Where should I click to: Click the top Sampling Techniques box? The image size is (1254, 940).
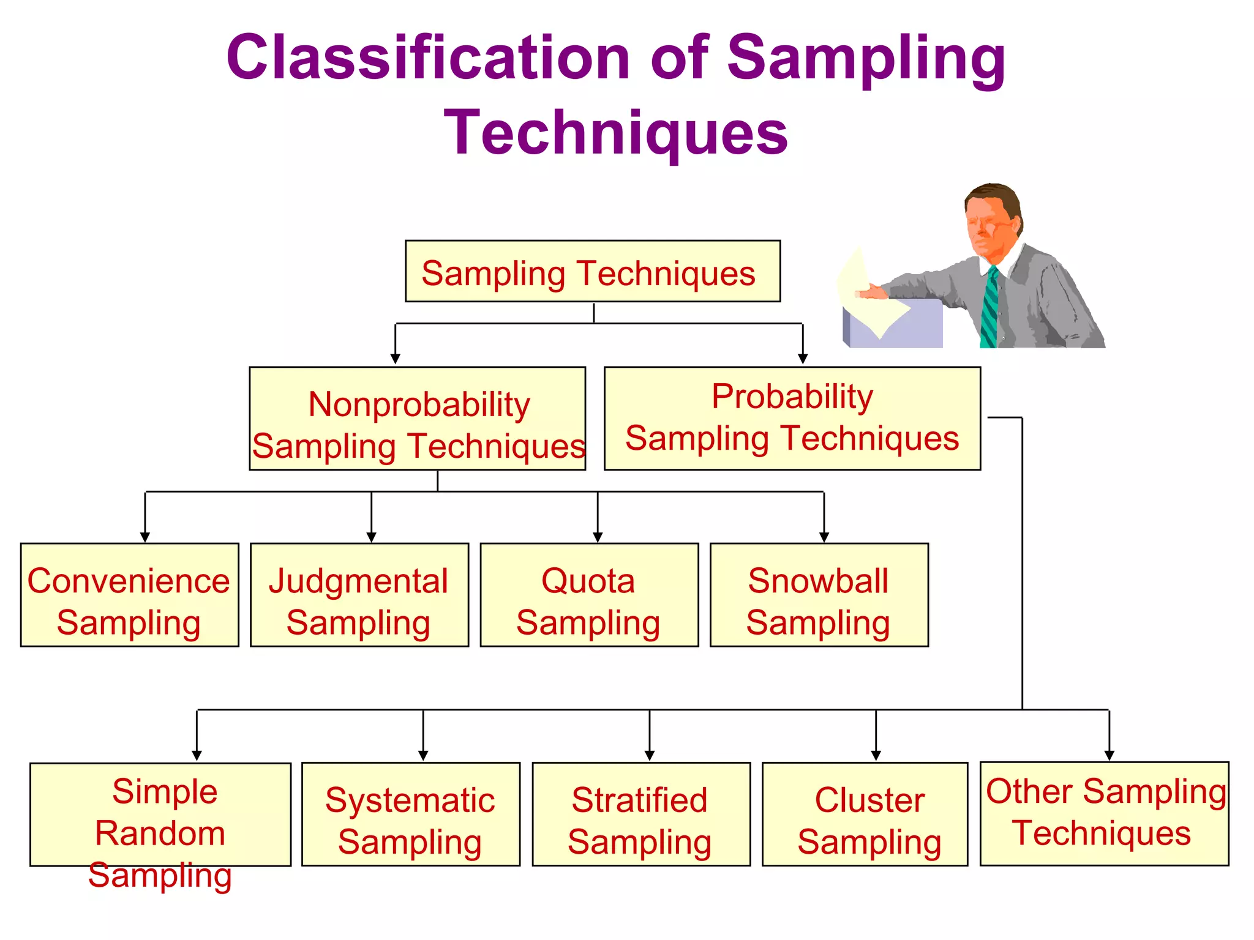point(592,271)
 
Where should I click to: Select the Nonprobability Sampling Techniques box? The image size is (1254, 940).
point(417,419)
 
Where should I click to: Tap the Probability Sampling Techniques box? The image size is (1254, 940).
point(792,419)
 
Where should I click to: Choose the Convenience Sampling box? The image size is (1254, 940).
point(129,595)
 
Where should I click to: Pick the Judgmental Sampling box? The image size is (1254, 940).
point(359,595)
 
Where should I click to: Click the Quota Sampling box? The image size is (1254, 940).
point(589,595)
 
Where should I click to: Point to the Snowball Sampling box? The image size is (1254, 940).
point(819,595)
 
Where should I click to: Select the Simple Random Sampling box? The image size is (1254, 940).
point(160,814)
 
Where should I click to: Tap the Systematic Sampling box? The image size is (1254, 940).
point(410,814)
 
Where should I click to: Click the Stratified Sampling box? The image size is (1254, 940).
point(640,814)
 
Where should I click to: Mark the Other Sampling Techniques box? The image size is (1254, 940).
point(1104,813)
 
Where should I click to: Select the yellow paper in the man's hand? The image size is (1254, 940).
point(869,294)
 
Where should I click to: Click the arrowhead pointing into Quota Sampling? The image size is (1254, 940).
point(598,537)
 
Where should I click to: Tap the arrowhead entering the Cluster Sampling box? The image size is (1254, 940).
point(876,756)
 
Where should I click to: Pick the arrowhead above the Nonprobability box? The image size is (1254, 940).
point(396,359)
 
